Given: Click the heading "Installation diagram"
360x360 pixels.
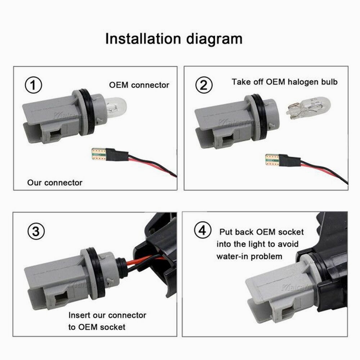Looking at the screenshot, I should (174, 39).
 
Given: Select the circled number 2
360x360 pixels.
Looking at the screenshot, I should (204, 86).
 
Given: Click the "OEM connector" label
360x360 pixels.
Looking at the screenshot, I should (139, 85).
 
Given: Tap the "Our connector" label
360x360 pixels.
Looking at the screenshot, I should (55, 183).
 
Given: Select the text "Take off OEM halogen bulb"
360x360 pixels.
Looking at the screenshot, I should (285, 82).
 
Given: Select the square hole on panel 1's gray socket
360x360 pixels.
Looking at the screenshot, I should (55, 136).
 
